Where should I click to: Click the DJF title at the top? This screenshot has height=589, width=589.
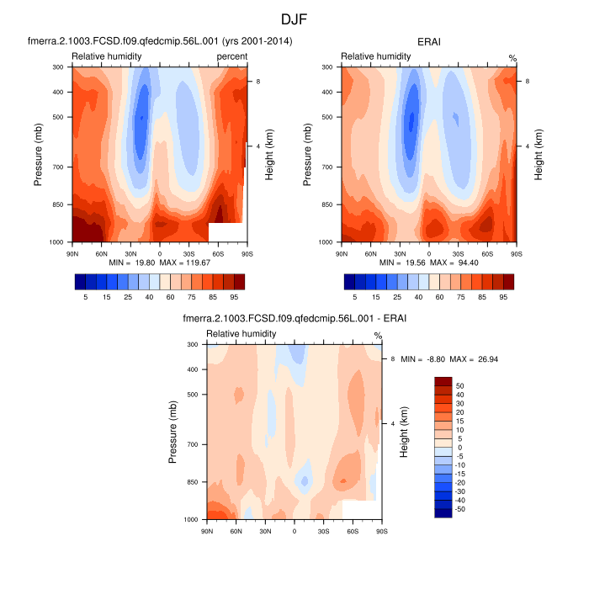[x=294, y=18]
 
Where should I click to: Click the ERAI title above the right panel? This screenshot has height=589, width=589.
[x=429, y=40]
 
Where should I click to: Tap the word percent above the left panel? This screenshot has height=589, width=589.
[x=231, y=56]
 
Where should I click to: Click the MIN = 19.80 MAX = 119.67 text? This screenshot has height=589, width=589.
[x=159, y=263]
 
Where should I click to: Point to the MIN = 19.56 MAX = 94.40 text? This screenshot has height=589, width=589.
[x=429, y=263]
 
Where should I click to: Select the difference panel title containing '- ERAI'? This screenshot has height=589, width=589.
[x=294, y=318]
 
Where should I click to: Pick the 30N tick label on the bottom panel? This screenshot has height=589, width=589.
[x=265, y=531]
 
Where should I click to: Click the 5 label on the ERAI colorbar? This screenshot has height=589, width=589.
[x=354, y=296]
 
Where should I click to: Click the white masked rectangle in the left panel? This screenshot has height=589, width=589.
[x=226, y=233]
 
